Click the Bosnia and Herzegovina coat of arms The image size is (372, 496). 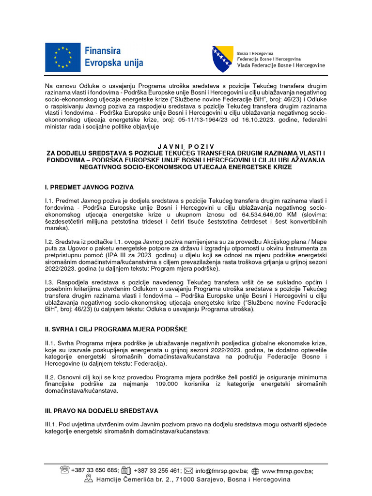pos(222,59)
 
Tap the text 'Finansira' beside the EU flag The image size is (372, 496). pos(103,50)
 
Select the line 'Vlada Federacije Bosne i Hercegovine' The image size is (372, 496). pos(281,65)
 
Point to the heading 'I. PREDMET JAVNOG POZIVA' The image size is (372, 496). pos(89,187)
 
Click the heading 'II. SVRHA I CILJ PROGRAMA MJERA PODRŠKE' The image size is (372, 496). pos(116,329)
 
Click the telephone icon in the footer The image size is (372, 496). pos(64,470)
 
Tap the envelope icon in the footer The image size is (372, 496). pos(188,470)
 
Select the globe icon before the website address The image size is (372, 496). pos(256,470)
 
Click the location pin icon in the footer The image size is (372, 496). pos(88,479)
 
